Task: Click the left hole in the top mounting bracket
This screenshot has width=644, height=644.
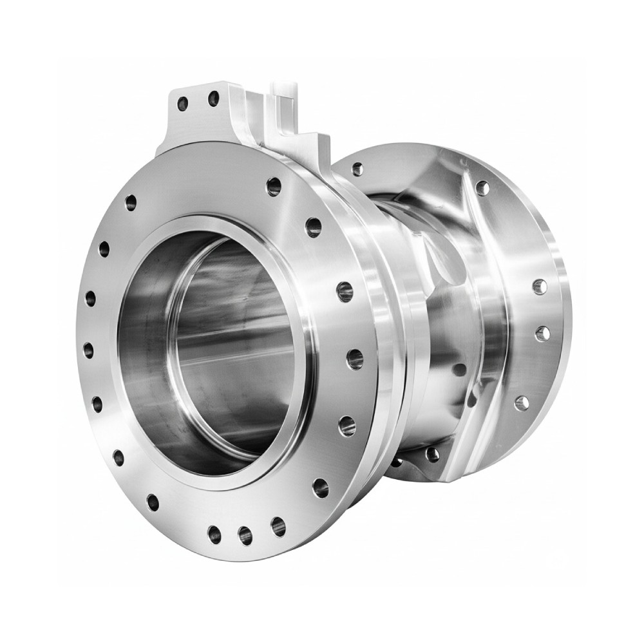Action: click(183, 103)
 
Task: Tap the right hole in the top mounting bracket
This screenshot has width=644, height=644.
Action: click(213, 99)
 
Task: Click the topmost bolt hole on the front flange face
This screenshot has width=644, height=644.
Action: click(274, 186)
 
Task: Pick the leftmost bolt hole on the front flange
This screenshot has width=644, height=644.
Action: click(89, 350)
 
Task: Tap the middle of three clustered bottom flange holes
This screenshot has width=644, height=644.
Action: click(245, 533)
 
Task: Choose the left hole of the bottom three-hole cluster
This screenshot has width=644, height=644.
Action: click(214, 534)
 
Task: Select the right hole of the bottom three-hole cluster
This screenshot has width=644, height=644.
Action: click(278, 526)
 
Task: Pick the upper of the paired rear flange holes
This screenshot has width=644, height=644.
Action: click(539, 287)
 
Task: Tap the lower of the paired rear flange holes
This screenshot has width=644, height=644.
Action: click(542, 333)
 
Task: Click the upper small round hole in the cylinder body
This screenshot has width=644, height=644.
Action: click(459, 370)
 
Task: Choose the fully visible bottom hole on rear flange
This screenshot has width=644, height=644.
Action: click(432, 454)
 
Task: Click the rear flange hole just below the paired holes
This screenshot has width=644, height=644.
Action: click(522, 403)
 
